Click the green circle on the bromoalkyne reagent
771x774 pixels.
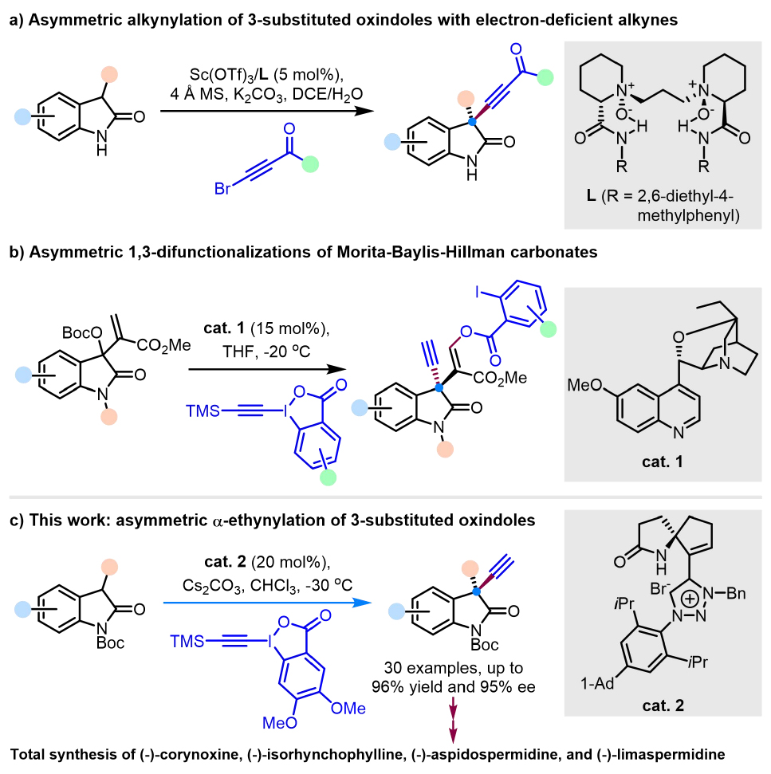311,164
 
